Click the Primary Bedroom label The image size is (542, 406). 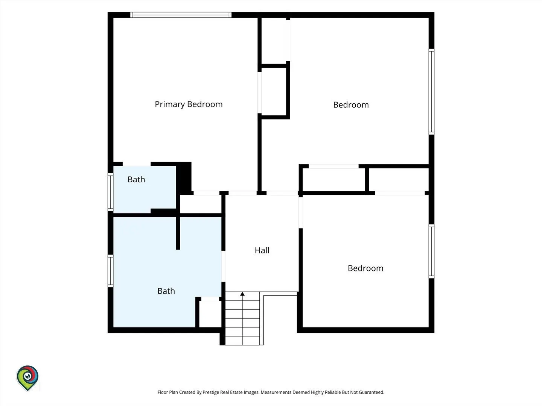pos(189,104)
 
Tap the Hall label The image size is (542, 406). pos(262,250)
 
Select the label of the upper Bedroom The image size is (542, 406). pos(351,105)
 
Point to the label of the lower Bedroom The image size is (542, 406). pos(365,268)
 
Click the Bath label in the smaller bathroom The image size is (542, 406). pos(136,179)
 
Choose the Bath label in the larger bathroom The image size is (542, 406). pos(166,291)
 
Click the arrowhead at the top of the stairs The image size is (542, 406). pos(242,294)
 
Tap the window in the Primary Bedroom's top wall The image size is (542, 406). pos(181,15)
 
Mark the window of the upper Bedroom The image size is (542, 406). pos(431,92)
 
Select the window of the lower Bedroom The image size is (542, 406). pos(431,251)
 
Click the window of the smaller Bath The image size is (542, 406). pos(110,192)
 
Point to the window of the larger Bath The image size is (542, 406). pos(110,271)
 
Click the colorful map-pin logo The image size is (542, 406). pos(27,378)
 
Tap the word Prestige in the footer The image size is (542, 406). pos(211,392)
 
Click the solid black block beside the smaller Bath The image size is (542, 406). pos(184,177)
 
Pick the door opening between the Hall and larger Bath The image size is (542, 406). pos(223,266)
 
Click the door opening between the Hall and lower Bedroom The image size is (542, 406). pos(300,212)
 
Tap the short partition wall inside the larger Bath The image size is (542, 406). pos(178,233)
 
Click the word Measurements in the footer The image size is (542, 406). pos(276,392)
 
